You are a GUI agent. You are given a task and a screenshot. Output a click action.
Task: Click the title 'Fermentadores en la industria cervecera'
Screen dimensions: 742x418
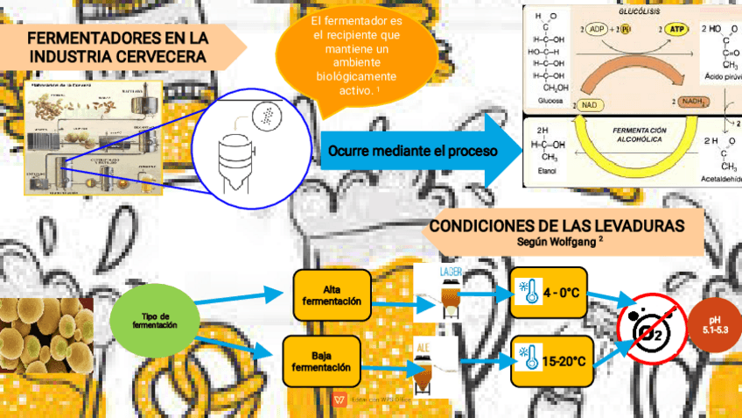(x=118, y=47)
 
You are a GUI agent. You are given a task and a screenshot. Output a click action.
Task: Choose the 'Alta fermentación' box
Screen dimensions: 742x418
(x=332, y=295)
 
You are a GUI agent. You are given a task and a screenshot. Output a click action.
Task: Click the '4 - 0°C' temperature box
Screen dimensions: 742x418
(x=549, y=294)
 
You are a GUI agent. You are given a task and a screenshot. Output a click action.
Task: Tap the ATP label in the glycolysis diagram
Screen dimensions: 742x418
(x=675, y=30)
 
